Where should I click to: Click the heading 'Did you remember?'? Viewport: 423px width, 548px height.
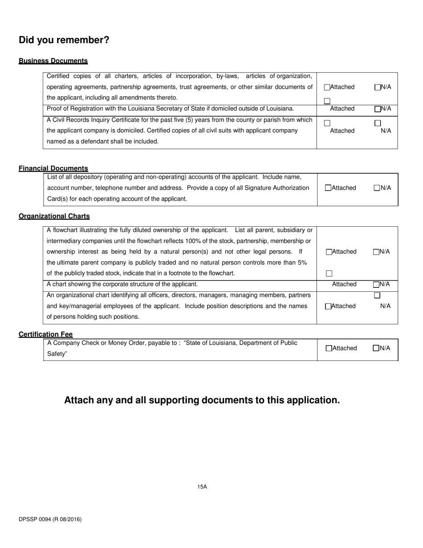pyautogui.click(x=64, y=40)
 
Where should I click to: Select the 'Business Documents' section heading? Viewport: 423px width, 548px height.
pyautogui.click(x=53, y=61)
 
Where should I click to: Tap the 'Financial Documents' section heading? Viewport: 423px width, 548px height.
pyautogui.click(x=53, y=168)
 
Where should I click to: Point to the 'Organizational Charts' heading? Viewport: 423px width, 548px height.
pyautogui.click(x=54, y=217)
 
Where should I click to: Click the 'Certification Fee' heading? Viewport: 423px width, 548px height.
pyautogui.click(x=45, y=335)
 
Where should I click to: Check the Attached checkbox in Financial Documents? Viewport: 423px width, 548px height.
pyautogui.click(x=329, y=188)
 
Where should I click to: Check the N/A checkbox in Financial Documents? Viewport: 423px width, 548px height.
pyautogui.click(x=377, y=188)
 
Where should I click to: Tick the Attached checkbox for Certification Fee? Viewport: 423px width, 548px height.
pyautogui.click(x=329, y=348)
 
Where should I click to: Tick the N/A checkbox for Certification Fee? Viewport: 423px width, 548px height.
pyautogui.click(x=376, y=348)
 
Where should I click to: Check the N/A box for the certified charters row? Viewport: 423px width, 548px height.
pyautogui.click(x=378, y=87)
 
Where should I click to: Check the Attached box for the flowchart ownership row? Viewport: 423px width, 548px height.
pyautogui.click(x=329, y=252)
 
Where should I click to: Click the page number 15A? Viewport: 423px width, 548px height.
pyautogui.click(x=202, y=487)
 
